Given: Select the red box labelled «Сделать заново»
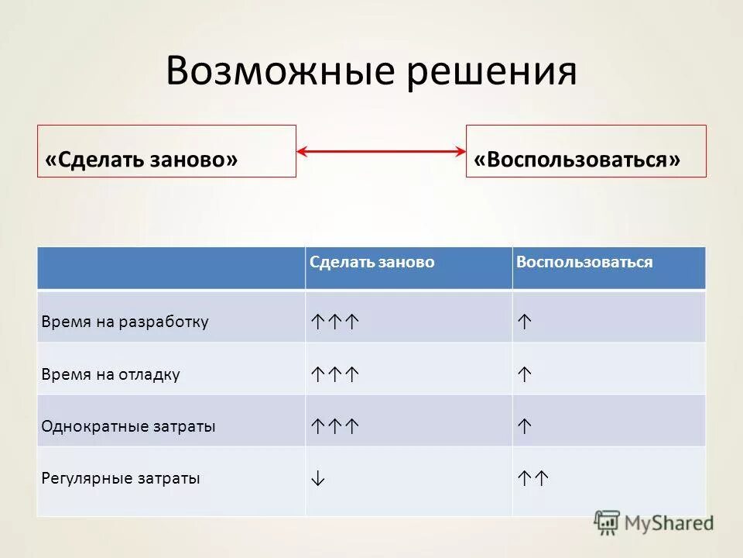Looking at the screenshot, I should (166, 151).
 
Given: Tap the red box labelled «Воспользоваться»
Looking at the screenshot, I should (586, 151).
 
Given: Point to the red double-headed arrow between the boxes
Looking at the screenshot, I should (381, 151).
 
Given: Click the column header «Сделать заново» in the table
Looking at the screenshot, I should (372, 263).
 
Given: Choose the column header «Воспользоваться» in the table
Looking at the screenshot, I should (584, 263).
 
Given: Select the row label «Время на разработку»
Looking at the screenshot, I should (125, 322).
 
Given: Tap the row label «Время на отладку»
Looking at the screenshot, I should (111, 374).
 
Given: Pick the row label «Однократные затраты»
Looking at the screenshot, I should (128, 426).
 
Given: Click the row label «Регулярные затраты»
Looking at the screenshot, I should (121, 479).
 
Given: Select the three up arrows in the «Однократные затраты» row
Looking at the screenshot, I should (335, 426).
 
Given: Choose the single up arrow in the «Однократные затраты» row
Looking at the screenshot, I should (524, 426).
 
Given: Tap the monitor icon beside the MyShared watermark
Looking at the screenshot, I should (608, 523).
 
